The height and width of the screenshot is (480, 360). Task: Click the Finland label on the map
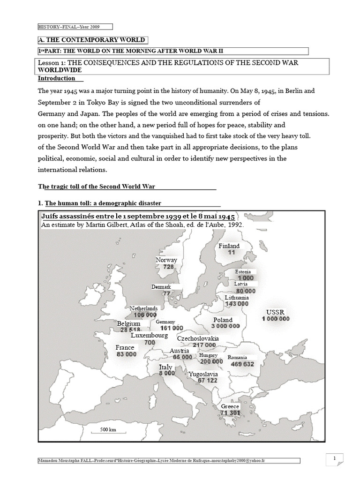tap(229, 246)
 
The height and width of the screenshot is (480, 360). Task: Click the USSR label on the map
tap(275, 312)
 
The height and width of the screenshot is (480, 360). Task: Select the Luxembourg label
tap(149, 336)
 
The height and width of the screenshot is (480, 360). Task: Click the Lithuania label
tap(237, 297)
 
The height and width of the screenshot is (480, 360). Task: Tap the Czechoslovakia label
tap(198, 338)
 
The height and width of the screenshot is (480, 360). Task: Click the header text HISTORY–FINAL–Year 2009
tap(68, 26)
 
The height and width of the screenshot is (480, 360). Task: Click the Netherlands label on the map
tap(144, 308)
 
